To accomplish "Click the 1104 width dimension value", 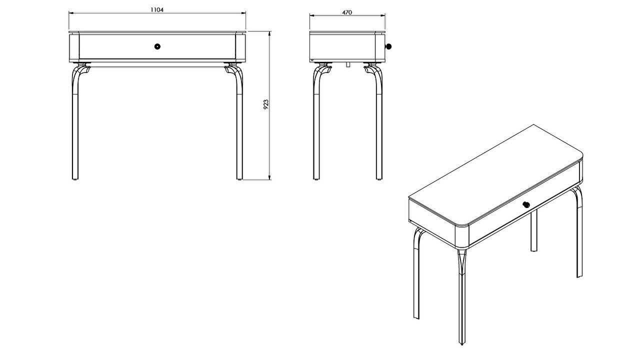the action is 157,9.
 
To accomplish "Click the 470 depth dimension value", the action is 347,12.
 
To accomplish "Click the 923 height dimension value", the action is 265,104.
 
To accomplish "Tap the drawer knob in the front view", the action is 157,46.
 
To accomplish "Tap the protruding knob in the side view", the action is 388,46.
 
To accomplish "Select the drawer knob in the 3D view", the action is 526,204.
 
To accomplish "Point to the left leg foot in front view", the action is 75,179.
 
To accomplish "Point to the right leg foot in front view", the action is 239,179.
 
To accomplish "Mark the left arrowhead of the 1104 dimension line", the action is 71,13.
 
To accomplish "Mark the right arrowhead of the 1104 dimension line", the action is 243,13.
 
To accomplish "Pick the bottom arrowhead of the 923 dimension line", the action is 269,177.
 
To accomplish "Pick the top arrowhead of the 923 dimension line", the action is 269,34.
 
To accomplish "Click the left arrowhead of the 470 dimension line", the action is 312,15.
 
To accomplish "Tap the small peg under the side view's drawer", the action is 347,64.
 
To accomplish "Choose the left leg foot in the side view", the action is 316,179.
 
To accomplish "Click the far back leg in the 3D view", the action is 533,230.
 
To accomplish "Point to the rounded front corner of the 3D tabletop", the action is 461,225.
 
